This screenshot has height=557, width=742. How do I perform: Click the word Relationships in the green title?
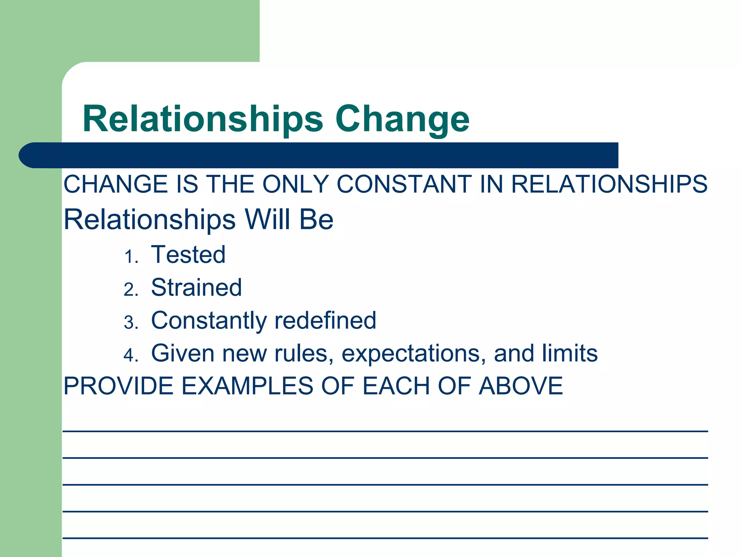point(203,120)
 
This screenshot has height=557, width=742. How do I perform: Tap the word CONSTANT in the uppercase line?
point(404,184)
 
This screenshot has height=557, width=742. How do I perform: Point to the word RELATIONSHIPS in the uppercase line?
point(609,184)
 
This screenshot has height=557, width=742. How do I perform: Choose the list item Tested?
point(188,255)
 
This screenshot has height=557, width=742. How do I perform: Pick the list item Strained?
point(196,288)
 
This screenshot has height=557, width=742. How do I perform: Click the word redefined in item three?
point(325,321)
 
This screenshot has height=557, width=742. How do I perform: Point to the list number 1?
point(131,257)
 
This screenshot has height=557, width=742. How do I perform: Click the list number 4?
point(131,355)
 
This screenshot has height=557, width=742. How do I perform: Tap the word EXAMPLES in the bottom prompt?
point(247,386)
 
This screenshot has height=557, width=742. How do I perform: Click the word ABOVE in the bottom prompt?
point(521,386)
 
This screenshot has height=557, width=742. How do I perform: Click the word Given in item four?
point(183,354)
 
